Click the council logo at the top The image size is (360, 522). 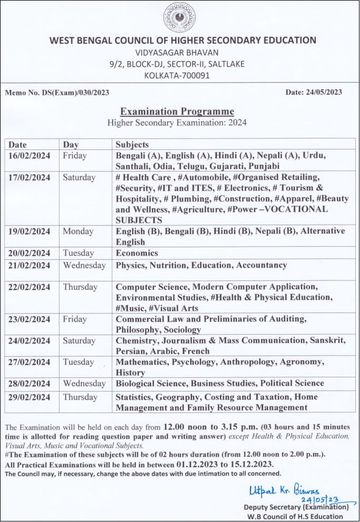(179, 17)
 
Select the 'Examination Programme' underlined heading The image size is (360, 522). (177, 112)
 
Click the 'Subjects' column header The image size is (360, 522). (132, 144)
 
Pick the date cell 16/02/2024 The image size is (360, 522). (29, 156)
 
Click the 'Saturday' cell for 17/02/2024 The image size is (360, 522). (80, 177)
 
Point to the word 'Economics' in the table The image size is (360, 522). (137, 253)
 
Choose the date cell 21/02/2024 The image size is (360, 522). (29, 265)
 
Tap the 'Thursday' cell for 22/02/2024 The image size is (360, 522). (80, 287)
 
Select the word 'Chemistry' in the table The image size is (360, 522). (136, 340)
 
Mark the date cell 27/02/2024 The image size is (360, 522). (29, 362)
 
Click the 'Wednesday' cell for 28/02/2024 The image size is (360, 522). (84, 383)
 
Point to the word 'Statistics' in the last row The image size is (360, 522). (136, 397)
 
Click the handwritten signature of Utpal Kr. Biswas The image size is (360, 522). (284, 490)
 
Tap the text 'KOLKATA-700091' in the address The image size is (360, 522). (177, 75)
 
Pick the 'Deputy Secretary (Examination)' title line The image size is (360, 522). (296, 507)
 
